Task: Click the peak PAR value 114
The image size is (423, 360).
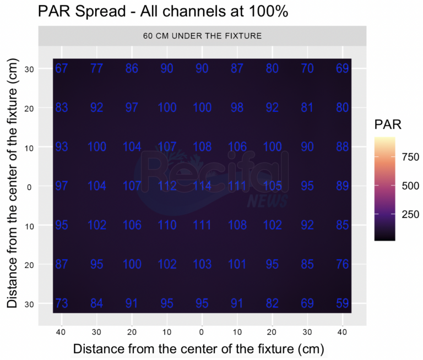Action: pos(202,186)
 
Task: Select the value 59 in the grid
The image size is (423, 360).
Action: pos(343,303)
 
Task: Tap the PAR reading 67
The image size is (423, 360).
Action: pos(62,69)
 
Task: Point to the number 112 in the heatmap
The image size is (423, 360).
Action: pos(167,186)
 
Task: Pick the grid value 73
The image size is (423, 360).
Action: pos(62,303)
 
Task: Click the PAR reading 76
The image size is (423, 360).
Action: pos(343,264)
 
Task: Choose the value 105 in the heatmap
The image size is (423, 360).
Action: pos(272,186)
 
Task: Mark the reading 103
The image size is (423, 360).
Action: pos(202,264)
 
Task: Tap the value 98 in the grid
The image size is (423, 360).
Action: pos(237,108)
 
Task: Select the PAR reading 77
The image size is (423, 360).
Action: pos(97,69)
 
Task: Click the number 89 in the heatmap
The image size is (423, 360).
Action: pos(343,186)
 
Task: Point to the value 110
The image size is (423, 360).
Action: pos(167,225)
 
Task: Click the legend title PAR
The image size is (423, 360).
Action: pos(388,125)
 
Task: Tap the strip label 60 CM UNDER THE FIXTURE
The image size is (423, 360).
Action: pos(202,36)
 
